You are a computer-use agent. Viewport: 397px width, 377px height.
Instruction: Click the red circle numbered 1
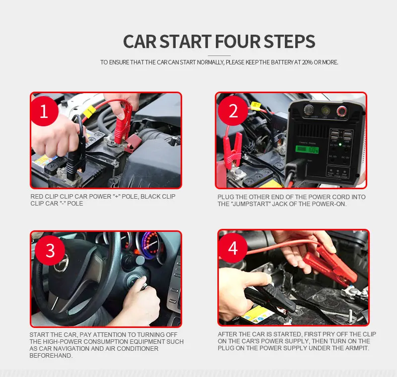(44, 110)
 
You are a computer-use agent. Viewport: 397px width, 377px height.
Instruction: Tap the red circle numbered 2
(233, 110)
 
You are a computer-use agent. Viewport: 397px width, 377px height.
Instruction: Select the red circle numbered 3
(50, 250)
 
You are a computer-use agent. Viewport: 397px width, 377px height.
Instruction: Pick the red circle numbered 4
(233, 248)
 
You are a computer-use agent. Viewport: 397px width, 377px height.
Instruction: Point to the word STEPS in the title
(289, 42)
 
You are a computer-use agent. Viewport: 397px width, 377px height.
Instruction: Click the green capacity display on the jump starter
(307, 150)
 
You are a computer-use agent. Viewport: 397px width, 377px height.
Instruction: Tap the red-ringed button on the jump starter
(341, 111)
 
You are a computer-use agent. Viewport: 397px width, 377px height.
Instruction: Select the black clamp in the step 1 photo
(76, 154)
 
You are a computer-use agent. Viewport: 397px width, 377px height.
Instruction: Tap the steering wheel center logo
(62, 263)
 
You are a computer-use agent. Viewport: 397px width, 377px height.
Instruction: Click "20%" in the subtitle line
(307, 62)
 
